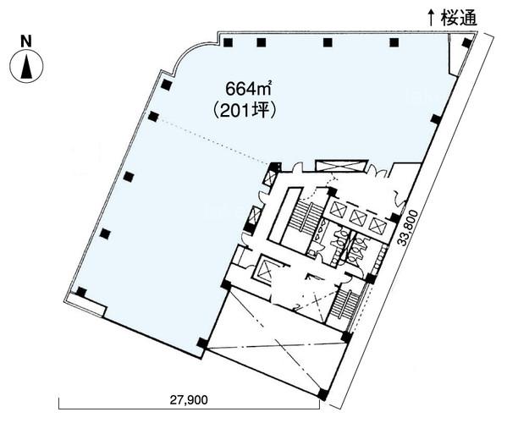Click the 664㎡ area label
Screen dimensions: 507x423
tap(248, 89)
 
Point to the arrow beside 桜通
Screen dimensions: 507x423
tap(431, 18)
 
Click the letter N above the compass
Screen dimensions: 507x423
tap(26, 41)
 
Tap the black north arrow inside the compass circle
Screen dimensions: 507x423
tap(26, 67)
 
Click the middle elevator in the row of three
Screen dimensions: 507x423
tap(358, 217)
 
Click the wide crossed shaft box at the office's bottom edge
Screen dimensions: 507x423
tap(342, 166)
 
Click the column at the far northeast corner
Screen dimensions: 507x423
tap(466, 42)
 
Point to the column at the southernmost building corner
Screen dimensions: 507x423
tap(322, 394)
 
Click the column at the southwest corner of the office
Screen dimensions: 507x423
tap(81, 292)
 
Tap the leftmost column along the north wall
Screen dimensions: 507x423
tap(228, 42)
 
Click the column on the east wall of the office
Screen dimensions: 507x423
tap(436, 119)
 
